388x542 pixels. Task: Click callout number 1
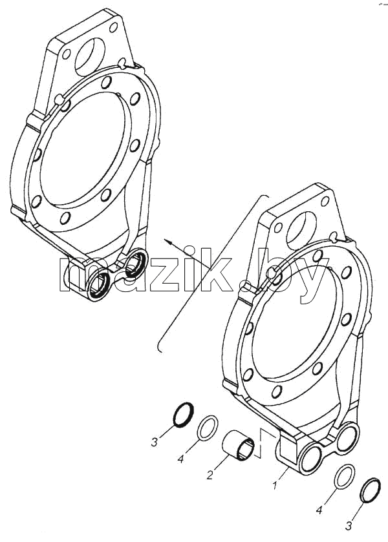point(274,486)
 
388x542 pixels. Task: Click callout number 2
point(210,475)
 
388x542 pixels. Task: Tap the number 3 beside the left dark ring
point(155,442)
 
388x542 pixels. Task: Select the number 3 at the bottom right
point(349,526)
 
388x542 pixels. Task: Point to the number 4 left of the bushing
point(180,459)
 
